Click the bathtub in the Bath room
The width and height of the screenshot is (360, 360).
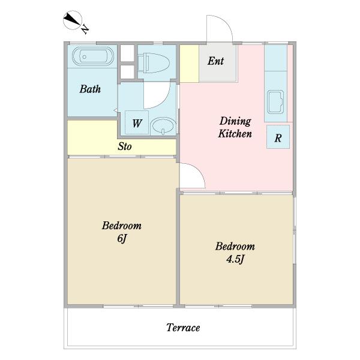tap(93, 56)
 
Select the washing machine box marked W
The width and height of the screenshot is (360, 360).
tap(137, 122)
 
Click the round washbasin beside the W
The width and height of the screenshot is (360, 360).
tap(163, 126)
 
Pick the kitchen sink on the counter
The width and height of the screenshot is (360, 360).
tap(275, 102)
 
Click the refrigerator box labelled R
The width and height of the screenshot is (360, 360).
tap(278, 137)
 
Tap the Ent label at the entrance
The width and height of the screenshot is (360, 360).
tap(215, 61)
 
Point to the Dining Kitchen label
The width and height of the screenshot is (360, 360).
tap(235, 127)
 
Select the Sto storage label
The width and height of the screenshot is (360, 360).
tap(125, 146)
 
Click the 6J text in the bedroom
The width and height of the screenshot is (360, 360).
tap(122, 239)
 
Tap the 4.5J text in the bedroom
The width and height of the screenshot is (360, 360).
tap(235, 259)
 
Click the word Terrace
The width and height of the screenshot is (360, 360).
tap(183, 328)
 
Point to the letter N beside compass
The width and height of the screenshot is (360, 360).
tap(85, 29)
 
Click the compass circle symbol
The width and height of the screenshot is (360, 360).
tap(73, 20)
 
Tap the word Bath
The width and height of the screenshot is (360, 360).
tap(90, 89)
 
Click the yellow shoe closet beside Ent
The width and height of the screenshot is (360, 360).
tap(189, 64)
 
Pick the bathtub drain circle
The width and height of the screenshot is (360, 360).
tap(84, 57)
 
